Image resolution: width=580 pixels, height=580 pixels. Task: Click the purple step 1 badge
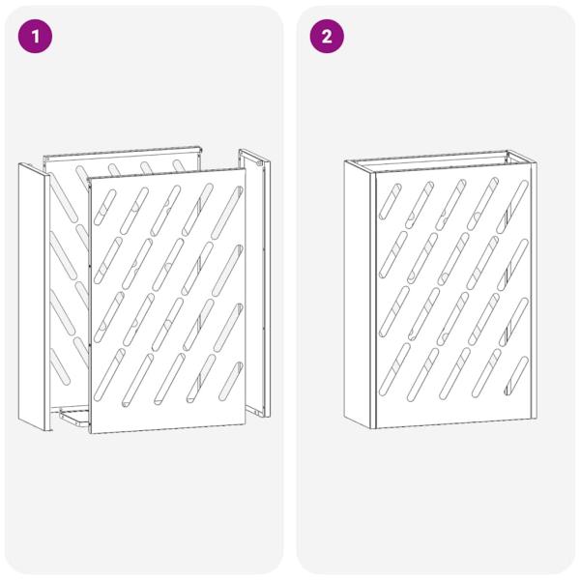(x=35, y=37)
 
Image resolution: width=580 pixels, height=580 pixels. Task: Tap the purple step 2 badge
(x=327, y=37)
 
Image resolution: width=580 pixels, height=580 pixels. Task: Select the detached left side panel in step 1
(x=34, y=297)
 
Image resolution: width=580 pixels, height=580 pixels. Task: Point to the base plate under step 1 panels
(x=74, y=417)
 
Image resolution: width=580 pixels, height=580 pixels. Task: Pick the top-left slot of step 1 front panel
(x=104, y=207)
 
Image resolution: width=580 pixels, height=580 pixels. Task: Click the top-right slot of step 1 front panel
(x=227, y=213)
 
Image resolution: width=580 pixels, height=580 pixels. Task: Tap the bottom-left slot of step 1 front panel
(x=109, y=375)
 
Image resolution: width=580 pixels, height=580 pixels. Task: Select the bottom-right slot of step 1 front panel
(x=231, y=381)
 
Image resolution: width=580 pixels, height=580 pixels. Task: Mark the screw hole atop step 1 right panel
(x=259, y=162)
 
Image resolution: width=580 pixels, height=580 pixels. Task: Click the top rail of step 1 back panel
(x=122, y=153)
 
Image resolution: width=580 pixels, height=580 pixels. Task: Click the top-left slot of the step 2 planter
(x=390, y=202)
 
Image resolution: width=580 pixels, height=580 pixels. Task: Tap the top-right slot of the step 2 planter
(x=512, y=207)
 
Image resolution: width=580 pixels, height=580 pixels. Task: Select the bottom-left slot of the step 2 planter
(x=394, y=369)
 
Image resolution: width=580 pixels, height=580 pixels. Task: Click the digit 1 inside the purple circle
(x=36, y=37)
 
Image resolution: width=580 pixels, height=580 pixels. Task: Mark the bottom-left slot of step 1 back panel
(x=60, y=366)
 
